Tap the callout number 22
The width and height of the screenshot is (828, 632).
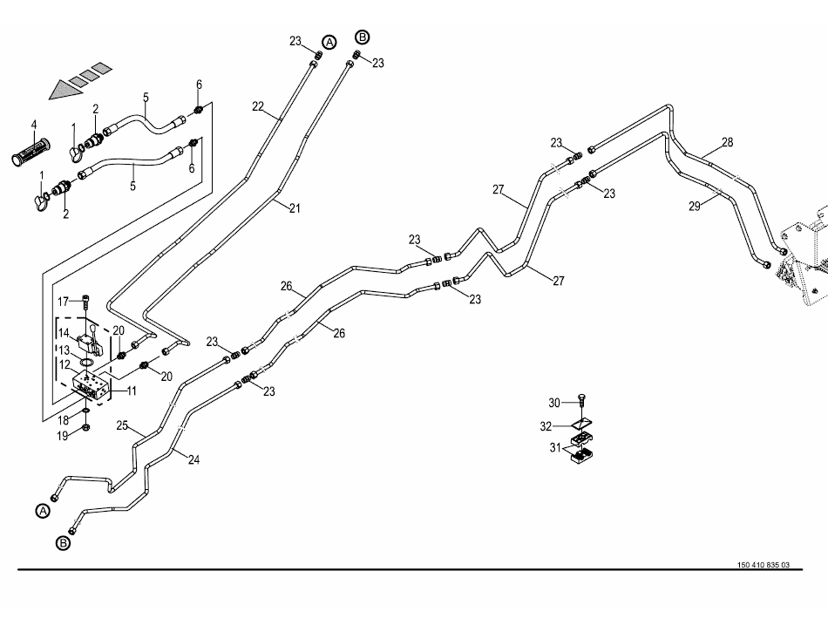pyautogui.click(x=257, y=105)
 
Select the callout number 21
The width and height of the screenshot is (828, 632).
pyautogui.click(x=295, y=207)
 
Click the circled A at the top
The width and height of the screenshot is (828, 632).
pyautogui.click(x=329, y=43)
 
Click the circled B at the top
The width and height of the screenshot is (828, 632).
pyautogui.click(x=363, y=37)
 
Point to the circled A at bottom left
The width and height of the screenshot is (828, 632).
pyautogui.click(x=41, y=511)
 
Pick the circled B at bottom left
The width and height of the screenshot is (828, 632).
pyautogui.click(x=63, y=543)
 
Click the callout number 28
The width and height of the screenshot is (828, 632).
pyautogui.click(x=728, y=142)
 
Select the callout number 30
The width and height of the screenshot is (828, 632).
pyautogui.click(x=554, y=402)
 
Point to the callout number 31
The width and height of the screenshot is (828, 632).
pyautogui.click(x=554, y=449)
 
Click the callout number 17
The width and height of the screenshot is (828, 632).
pyautogui.click(x=63, y=302)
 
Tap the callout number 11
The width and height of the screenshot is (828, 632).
pyautogui.click(x=131, y=391)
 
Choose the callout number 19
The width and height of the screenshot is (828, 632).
pyautogui.click(x=63, y=436)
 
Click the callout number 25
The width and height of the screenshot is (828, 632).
pyautogui.click(x=122, y=426)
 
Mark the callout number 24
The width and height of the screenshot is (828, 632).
pyautogui.click(x=193, y=459)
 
